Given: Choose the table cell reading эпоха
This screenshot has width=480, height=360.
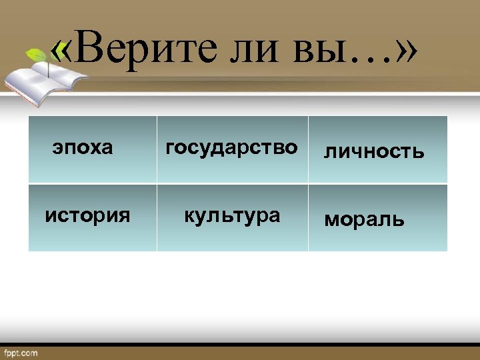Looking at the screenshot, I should coord(83,147).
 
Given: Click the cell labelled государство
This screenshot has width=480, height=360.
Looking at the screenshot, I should coord(231,147).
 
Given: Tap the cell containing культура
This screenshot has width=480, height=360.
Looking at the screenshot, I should coord(231,215).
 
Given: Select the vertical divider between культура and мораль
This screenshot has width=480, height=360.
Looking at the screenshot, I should coord(308,217).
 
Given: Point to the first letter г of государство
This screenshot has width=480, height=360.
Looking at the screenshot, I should coord(169,148).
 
